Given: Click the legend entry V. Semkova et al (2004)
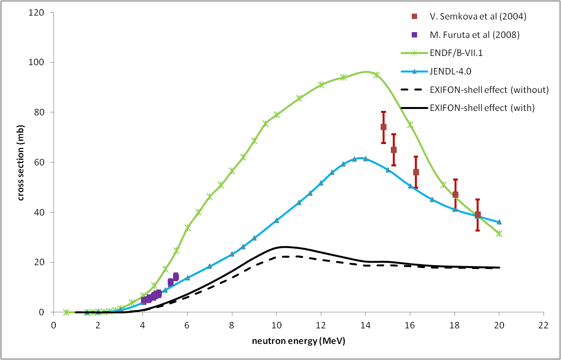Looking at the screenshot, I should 471,16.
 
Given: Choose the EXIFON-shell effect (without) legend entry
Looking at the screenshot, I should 482,90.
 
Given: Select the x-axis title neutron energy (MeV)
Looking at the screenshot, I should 298,341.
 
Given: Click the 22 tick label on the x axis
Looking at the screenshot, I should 543,324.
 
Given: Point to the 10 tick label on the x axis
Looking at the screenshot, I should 276,324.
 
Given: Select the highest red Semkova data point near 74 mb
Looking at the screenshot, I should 384,127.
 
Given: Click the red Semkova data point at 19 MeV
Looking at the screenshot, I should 478,215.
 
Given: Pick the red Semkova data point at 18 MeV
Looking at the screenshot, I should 456,195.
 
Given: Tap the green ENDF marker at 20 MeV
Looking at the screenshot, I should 499,234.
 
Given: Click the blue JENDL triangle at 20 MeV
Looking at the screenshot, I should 499,222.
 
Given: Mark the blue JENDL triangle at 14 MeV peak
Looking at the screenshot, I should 366,159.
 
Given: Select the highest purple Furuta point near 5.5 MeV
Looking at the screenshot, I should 176,276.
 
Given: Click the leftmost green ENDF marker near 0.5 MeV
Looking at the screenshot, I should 66,312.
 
